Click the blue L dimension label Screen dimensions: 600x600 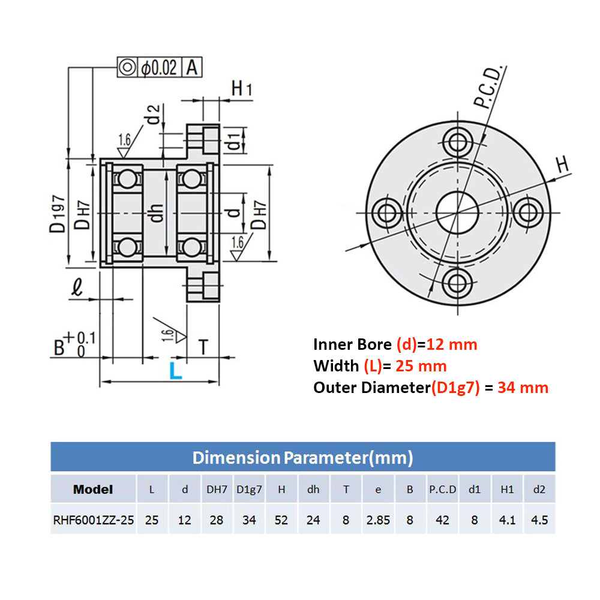click(175, 370)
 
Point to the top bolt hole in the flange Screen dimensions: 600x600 click(458, 143)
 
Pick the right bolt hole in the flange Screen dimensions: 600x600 click(529, 212)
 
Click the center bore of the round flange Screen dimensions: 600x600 click(458, 212)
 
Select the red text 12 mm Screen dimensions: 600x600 click(452, 344)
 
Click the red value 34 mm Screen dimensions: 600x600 click(523, 388)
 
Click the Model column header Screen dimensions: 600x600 click(93, 490)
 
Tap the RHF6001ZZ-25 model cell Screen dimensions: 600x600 click(93, 520)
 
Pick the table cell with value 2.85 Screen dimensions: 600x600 click(378, 520)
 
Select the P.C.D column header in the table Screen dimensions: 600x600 click(442, 490)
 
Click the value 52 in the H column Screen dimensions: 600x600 click(281, 520)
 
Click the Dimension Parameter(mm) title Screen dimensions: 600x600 click(302, 458)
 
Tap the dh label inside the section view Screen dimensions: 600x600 click(157, 212)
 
